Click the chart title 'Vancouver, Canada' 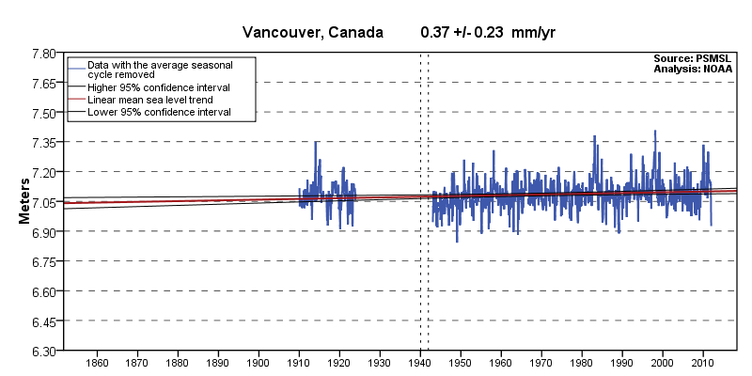click(313, 32)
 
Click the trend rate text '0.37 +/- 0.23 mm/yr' click(488, 32)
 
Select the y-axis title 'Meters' click(26, 202)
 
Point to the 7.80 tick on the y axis click(41, 54)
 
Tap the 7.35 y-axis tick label click(41, 143)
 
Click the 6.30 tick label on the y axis click(41, 352)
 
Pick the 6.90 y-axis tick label click(41, 232)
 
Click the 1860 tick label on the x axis click(96, 363)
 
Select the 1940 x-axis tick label click(420, 363)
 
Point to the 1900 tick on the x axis click(258, 363)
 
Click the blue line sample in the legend click(76, 68)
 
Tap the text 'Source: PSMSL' click(694, 59)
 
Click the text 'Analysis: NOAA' click(694, 69)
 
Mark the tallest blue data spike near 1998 click(655, 132)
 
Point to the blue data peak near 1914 click(316, 142)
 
